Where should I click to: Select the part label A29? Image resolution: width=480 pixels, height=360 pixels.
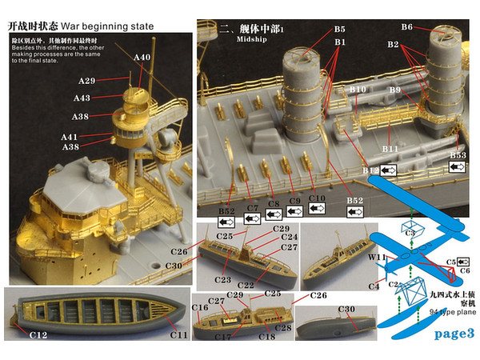tap(87, 81)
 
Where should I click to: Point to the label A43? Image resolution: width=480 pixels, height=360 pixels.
tap(81, 98)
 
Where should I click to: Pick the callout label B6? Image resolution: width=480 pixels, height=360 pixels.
tap(406, 27)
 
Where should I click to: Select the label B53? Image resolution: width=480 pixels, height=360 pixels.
tap(458, 154)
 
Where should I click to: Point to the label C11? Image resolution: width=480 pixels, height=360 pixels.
tap(179, 334)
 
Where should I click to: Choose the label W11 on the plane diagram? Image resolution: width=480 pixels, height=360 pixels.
tap(378, 257)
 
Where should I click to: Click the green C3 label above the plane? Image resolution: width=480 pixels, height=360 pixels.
tap(410, 233)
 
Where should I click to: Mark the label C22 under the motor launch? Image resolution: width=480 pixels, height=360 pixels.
tap(247, 286)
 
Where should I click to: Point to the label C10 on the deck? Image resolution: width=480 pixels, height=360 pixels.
tap(316, 196)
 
